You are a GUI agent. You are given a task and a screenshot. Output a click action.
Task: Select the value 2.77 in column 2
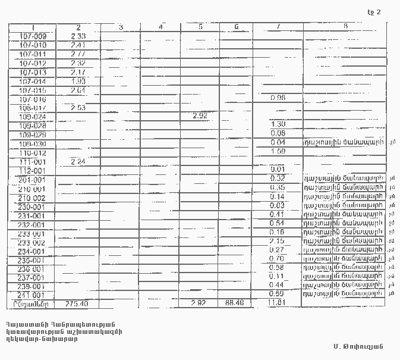(78, 54)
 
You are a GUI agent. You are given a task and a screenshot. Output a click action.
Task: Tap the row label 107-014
(33, 82)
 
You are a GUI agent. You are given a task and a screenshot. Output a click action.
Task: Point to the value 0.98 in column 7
(278, 98)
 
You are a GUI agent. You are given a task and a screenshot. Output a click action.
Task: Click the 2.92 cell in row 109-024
(200, 116)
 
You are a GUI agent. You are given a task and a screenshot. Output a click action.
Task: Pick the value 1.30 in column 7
(278, 124)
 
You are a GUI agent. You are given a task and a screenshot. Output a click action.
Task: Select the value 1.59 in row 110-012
(278, 152)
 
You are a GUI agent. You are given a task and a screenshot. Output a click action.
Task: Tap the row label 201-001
(32, 180)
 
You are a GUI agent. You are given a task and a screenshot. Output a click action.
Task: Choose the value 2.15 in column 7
(277, 241)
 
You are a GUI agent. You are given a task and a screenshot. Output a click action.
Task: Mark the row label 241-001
(32, 295)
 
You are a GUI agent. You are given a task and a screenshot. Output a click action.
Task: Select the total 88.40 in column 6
(235, 303)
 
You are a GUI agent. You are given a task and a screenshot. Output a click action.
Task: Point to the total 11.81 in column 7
(278, 304)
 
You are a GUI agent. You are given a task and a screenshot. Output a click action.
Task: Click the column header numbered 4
(161, 27)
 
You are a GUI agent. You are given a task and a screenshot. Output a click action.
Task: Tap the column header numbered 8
(345, 26)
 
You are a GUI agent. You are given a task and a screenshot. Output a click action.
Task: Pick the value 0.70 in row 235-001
(278, 259)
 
